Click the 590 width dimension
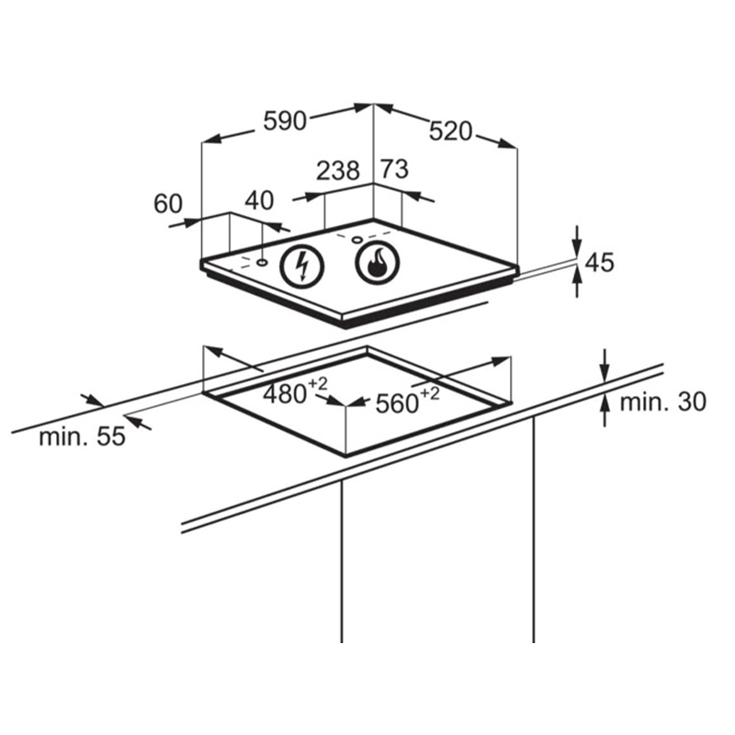pos(285,121)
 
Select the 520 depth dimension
pos(450,131)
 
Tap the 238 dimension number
pos(337,171)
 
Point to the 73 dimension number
pos(394,169)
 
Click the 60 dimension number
pos(168,204)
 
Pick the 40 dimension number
pos(259,200)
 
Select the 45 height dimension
pos(600,263)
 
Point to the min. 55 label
pos(82,436)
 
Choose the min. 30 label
pos(662,402)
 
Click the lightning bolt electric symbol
pos(302,266)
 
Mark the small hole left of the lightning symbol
pos(262,263)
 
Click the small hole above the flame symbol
pos(357,241)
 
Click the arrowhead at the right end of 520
pos(507,144)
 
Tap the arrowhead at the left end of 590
pos(212,139)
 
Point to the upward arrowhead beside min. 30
pos(605,402)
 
